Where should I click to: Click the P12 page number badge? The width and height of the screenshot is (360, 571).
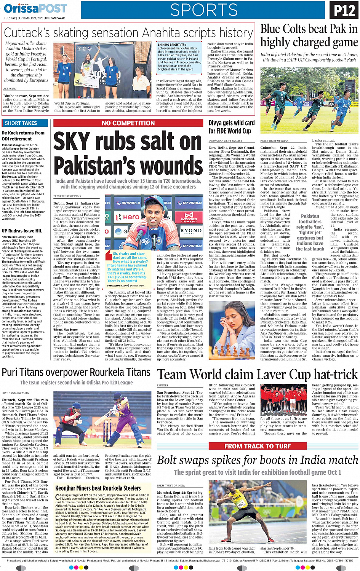pyautogui.click(x=344, y=10)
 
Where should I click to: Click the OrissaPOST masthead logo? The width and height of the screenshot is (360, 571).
pyautogui.click(x=35, y=8)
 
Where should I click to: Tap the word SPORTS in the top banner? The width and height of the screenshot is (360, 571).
pyautogui.click(x=204, y=10)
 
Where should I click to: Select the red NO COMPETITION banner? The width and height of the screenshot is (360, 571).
pyautogui.click(x=128, y=123)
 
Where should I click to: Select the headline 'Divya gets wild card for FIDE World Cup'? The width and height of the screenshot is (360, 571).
pyautogui.click(x=231, y=127)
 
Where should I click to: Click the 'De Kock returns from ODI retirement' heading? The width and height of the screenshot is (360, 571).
pyautogui.click(x=23, y=136)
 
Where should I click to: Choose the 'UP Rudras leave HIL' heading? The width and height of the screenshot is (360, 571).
pyautogui.click(x=22, y=231)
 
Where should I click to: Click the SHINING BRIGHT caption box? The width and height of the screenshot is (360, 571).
pyautogui.click(x=179, y=57)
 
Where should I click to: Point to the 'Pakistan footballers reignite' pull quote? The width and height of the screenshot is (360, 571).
pyautogui.click(x=310, y=232)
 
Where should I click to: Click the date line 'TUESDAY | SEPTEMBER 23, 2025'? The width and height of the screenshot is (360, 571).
pyautogui.click(x=34, y=18)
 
